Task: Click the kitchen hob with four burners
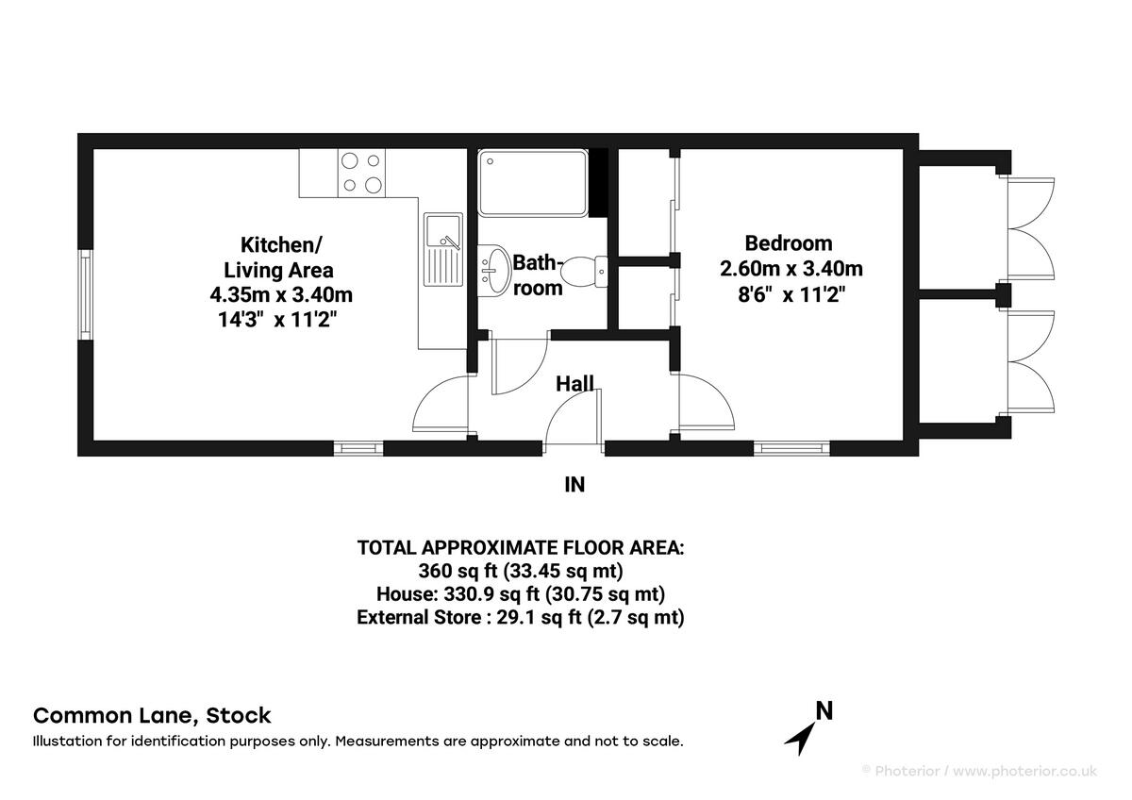coord(362,173)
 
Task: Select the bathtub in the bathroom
coord(532,182)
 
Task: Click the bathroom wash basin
coord(492,267)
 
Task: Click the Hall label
coord(574,383)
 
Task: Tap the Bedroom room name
coord(789,242)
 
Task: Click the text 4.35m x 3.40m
coord(281,294)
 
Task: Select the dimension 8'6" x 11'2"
coord(791,293)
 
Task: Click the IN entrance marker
coord(574,485)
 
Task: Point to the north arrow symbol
coord(801,736)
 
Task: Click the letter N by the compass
coord(824,711)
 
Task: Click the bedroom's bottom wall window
coord(791,448)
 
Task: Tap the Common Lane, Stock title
coord(152,715)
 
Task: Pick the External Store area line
coord(521,618)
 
